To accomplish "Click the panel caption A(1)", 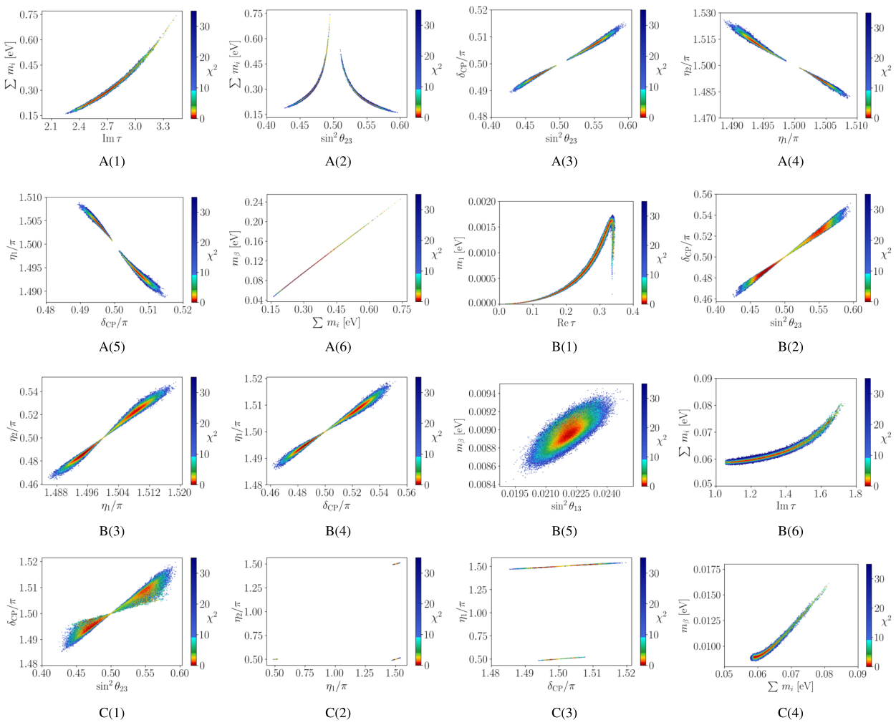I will (x=112, y=162).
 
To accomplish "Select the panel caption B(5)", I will (x=564, y=531).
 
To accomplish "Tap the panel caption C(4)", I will (x=791, y=713).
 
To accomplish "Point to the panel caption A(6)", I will (x=338, y=347).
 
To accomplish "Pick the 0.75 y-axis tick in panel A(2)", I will (x=254, y=14).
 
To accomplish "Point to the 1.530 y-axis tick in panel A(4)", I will (x=705, y=14).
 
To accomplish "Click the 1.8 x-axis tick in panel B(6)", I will (x=855, y=495).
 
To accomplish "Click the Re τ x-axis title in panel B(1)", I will (x=565, y=323).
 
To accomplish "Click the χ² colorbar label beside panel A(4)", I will (x=886, y=71).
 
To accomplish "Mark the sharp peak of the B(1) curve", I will (x=612, y=216).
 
